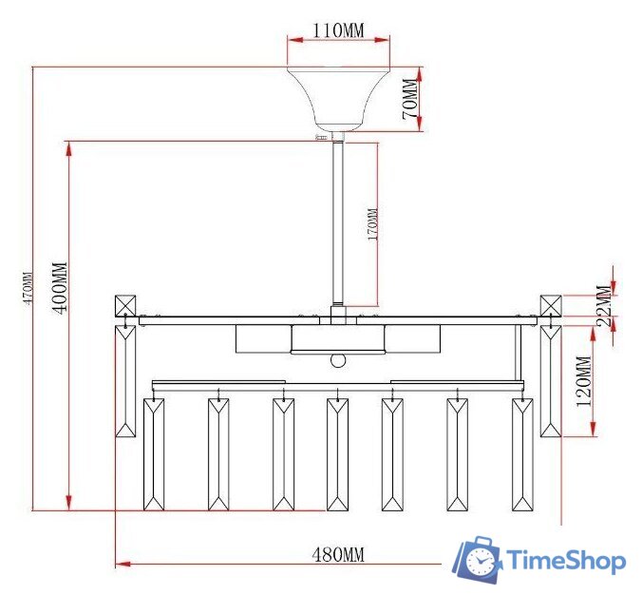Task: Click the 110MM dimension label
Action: tap(339, 30)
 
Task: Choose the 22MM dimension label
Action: tap(601, 305)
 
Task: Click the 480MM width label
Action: tap(338, 554)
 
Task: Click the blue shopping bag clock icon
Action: tap(479, 560)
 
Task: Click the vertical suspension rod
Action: tap(338, 219)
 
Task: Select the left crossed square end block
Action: tap(125, 306)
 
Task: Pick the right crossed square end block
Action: tap(551, 306)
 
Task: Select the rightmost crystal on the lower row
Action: tap(522, 454)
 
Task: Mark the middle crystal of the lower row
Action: tap(337, 454)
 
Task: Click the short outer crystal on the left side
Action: tap(125, 380)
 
